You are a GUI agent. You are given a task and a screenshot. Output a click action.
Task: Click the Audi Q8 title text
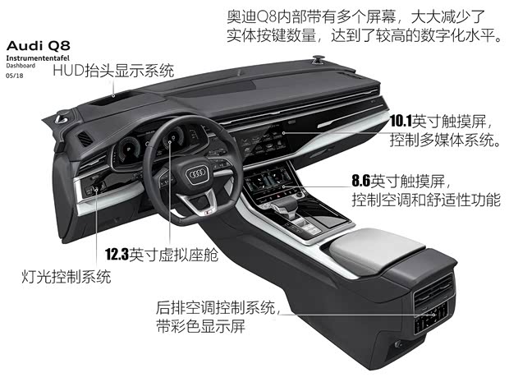(38, 46)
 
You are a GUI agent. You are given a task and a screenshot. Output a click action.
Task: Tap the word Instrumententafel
(38, 58)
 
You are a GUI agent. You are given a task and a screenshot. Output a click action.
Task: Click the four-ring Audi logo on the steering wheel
(197, 174)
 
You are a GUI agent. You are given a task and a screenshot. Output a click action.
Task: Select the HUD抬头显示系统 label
(113, 71)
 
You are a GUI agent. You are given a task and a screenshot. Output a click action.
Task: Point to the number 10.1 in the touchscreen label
(401, 121)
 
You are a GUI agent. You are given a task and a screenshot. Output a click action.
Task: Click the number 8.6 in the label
(361, 181)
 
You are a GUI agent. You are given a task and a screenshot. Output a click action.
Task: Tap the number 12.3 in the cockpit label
(117, 255)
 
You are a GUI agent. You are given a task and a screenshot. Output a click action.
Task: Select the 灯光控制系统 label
(66, 277)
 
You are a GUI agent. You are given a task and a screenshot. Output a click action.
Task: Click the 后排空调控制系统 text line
(216, 307)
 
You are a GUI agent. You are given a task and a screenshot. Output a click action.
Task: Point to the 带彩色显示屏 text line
(200, 326)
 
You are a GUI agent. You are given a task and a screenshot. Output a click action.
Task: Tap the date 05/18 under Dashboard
(15, 76)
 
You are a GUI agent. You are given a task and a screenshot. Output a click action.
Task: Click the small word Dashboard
(21, 66)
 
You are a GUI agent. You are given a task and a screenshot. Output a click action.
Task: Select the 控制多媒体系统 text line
(445, 140)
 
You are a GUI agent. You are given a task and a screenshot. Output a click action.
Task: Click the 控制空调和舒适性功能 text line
(427, 200)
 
